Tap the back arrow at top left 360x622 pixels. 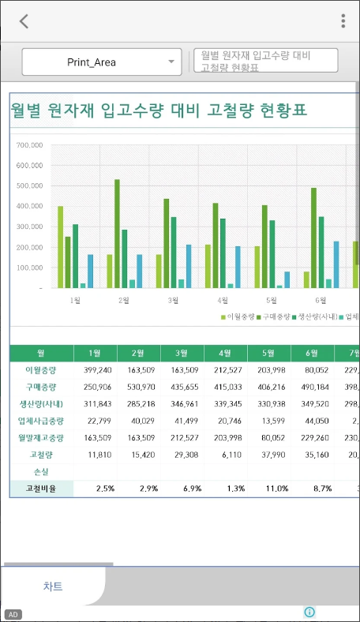pos(24,21)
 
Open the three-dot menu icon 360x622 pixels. pos(343,21)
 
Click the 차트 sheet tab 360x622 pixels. pos(53,586)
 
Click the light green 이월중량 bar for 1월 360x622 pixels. pos(60,247)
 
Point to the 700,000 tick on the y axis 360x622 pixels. pos(28,145)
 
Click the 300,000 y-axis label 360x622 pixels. pos(28,227)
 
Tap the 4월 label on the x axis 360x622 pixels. pos(223,301)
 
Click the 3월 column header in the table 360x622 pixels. pos(182,353)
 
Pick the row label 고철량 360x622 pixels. pos(41,455)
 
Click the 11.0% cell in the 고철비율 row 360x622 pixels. pos(268,489)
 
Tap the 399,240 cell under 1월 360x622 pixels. pos(96,369)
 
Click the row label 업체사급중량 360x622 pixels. pos(41,420)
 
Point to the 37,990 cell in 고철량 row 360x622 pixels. pos(268,455)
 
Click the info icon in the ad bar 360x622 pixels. pos(309,612)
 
